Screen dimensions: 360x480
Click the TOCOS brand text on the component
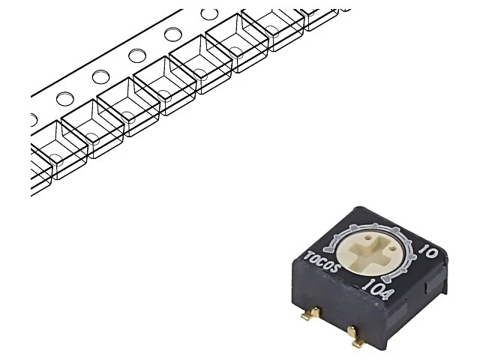pos(322,262)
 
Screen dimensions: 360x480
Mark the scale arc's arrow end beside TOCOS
pos(328,247)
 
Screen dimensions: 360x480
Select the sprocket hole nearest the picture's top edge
pos(209,14)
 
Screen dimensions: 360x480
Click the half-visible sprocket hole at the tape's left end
pos(33,119)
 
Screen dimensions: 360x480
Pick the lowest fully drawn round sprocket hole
pos(65,98)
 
